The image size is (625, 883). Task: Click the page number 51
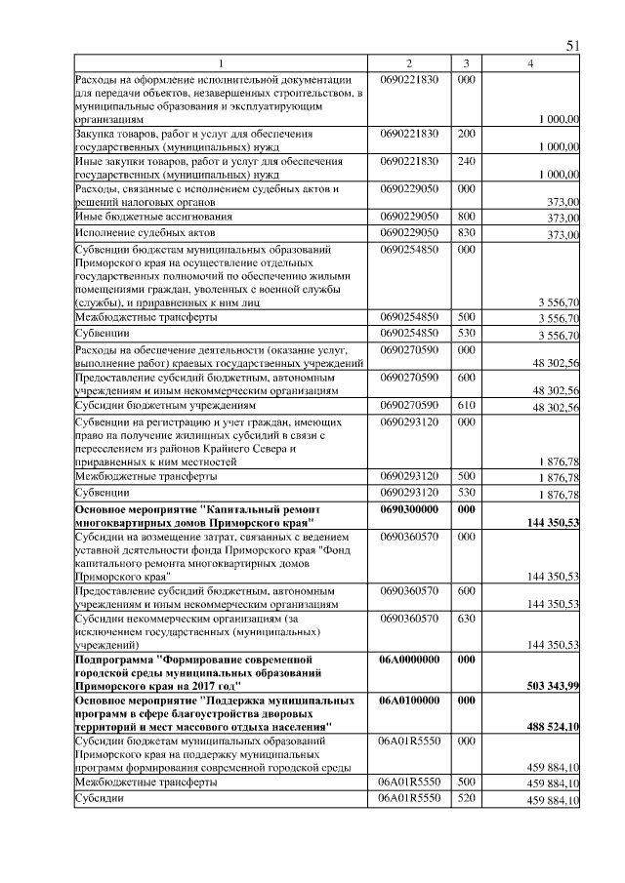[573, 46]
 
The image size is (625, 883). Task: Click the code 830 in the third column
[467, 233]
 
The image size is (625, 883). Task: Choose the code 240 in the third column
[467, 160]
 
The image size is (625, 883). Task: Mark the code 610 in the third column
[467, 403]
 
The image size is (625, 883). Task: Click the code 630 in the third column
[467, 618]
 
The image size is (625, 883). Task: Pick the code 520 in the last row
[467, 799]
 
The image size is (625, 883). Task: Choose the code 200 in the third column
[467, 133]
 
